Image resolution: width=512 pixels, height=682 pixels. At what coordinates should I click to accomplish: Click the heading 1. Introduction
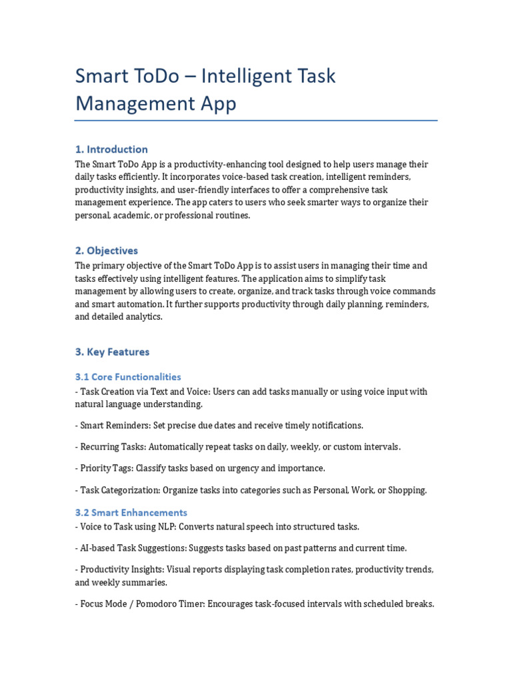click(111, 149)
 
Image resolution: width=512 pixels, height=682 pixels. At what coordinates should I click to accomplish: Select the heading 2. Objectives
click(106, 250)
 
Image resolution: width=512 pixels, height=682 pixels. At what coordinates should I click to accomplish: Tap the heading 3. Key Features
click(112, 352)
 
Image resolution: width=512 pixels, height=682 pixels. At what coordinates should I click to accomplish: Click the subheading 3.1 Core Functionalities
click(127, 377)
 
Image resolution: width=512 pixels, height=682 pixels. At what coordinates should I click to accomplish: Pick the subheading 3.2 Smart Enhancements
click(131, 512)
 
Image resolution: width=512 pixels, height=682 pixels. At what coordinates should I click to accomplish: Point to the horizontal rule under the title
click(256, 121)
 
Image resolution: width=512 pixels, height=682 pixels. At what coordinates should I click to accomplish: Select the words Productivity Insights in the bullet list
click(121, 570)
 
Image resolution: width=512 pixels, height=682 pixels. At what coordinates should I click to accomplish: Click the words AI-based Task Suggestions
click(133, 548)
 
